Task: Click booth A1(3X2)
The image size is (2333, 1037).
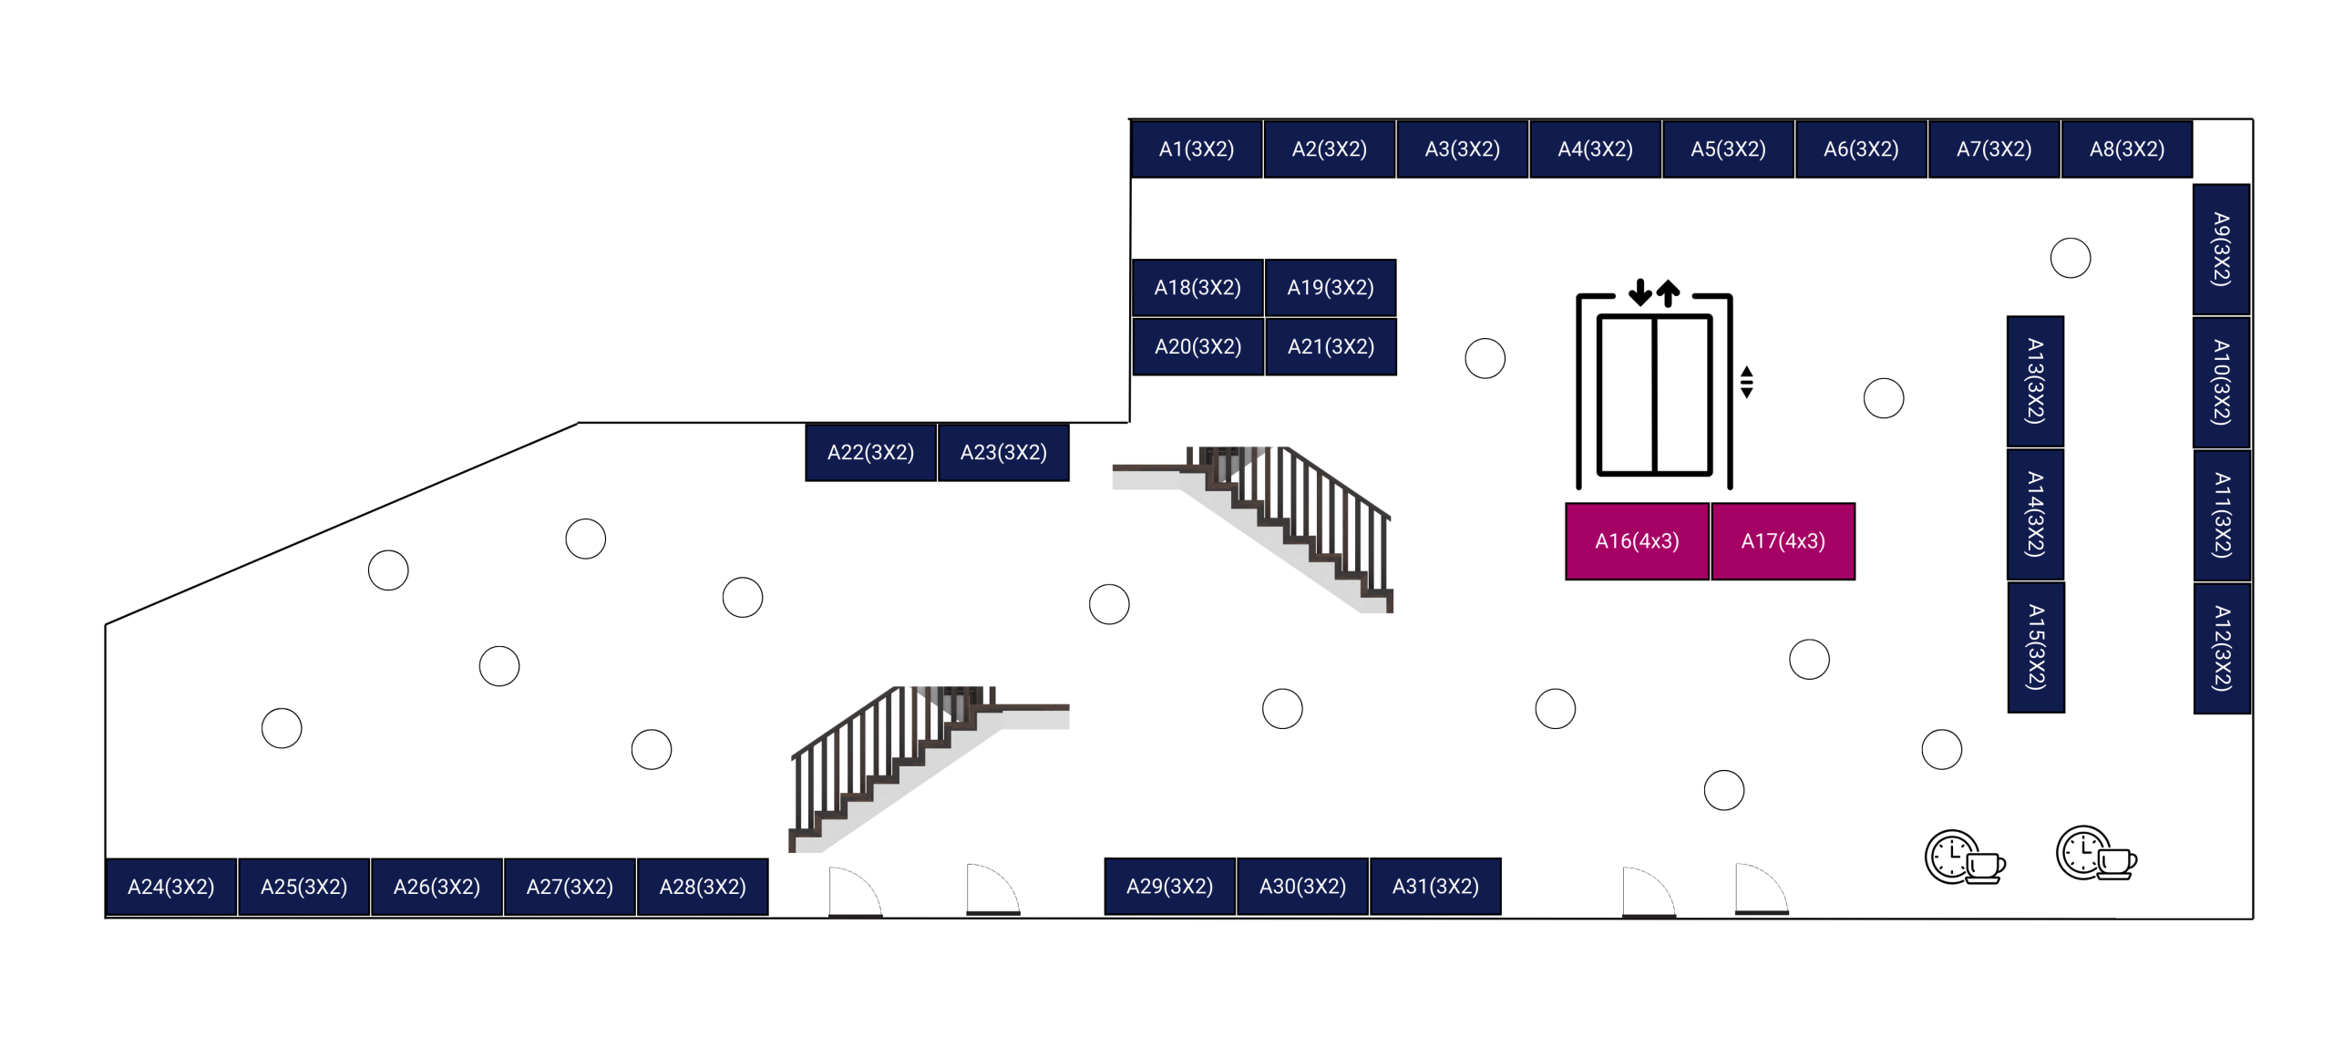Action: [x=1196, y=149]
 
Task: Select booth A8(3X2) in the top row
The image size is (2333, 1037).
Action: [x=2126, y=149]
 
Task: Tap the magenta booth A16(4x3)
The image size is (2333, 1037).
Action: [x=1636, y=540]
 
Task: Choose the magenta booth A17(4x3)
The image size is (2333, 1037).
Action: [x=1783, y=540]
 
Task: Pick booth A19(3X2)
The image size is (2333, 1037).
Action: [x=1330, y=287]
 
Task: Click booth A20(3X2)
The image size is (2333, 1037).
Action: [x=1197, y=346]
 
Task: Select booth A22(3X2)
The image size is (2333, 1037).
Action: [x=870, y=452]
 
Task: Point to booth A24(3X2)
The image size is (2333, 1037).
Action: [x=171, y=886]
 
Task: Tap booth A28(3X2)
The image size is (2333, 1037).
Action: [x=703, y=886]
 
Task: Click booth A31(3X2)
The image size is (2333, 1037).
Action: [x=1435, y=886]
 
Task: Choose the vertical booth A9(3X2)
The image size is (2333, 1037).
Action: [x=2221, y=249]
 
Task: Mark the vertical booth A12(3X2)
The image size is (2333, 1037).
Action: [x=2221, y=648]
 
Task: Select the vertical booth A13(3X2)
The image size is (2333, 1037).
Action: [x=2035, y=381]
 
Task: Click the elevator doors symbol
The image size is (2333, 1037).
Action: [x=1654, y=395]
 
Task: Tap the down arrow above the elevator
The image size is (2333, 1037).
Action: [x=1639, y=292]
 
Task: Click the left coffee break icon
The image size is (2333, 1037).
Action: [x=1964, y=857]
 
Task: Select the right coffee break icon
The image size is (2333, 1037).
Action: [x=2095, y=854]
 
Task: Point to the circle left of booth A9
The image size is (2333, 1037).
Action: [x=2070, y=258]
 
